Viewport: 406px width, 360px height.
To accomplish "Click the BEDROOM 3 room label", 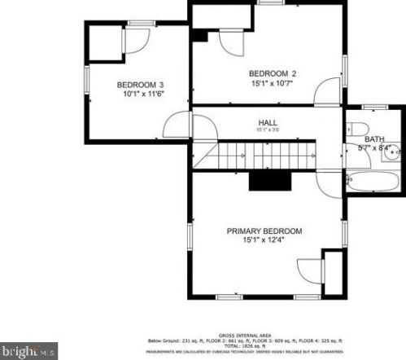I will [141, 85].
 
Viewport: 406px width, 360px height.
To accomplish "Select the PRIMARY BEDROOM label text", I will [264, 231].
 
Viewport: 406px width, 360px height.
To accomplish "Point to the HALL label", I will [268, 122].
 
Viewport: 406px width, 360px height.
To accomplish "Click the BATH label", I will [374, 139].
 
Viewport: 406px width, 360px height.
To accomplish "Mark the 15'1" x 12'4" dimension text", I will [264, 241].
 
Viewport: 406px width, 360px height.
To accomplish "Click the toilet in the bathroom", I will [358, 128].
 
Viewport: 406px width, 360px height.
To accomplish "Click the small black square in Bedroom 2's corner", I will [200, 34].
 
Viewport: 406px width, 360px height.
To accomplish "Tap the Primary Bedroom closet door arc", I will [309, 273].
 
